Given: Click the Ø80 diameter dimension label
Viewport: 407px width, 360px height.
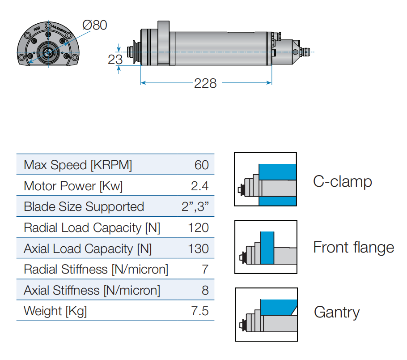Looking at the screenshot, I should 94,25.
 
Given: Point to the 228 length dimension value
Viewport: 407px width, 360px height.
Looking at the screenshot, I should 205,83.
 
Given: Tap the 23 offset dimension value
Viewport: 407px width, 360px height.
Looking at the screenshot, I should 115,60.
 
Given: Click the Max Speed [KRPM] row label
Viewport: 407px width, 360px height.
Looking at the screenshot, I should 78,165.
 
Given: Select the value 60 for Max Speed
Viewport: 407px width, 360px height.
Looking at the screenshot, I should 202,165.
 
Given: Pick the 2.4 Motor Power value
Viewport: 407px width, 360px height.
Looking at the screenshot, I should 199,186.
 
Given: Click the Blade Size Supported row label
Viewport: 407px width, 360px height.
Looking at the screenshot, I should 84,206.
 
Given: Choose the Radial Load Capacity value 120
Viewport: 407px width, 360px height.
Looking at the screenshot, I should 198,227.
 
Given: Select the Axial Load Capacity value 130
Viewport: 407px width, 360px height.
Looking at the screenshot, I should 198,249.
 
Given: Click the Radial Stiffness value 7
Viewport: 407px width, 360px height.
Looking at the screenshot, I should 205,270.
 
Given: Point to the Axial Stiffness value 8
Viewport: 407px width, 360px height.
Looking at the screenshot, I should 205,290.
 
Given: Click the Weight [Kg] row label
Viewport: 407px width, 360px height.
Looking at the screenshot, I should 55,311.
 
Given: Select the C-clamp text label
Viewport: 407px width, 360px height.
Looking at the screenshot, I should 343,181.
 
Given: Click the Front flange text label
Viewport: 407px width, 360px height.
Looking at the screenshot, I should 353,247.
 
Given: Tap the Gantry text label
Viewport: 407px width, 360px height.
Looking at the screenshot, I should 336,312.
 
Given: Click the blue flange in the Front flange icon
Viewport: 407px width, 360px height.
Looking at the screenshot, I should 267,249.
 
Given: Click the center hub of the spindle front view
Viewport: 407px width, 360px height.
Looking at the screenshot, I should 47,52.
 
